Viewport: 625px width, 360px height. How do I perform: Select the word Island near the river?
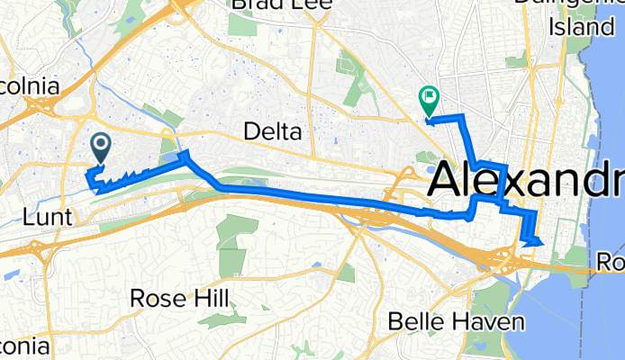(582, 27)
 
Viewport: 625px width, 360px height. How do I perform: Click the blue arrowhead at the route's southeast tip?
(535, 240)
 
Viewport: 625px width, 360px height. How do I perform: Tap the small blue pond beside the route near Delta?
(172, 159)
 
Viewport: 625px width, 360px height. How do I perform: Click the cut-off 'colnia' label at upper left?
(29, 87)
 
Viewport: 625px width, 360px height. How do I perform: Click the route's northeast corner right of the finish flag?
(464, 117)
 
